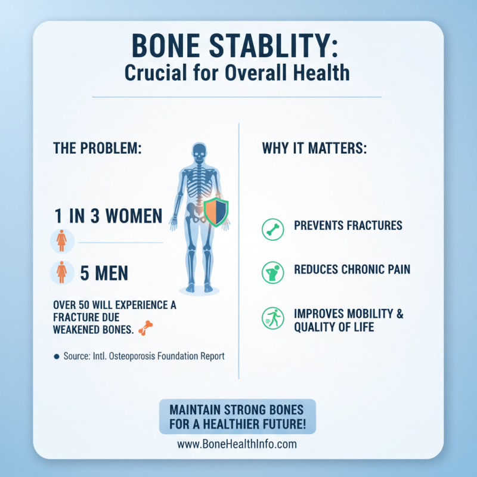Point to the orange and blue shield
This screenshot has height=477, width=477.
click(x=216, y=212)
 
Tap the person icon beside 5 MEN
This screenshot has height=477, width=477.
click(x=61, y=272)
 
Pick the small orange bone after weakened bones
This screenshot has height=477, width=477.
click(x=145, y=327)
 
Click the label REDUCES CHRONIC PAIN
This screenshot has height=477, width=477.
click(x=352, y=270)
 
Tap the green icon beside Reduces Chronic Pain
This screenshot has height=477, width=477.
click(x=272, y=272)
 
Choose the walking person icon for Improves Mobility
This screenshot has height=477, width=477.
click(x=272, y=318)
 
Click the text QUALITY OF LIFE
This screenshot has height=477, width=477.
click(x=334, y=327)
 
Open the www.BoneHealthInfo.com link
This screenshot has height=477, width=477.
click(x=237, y=444)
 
